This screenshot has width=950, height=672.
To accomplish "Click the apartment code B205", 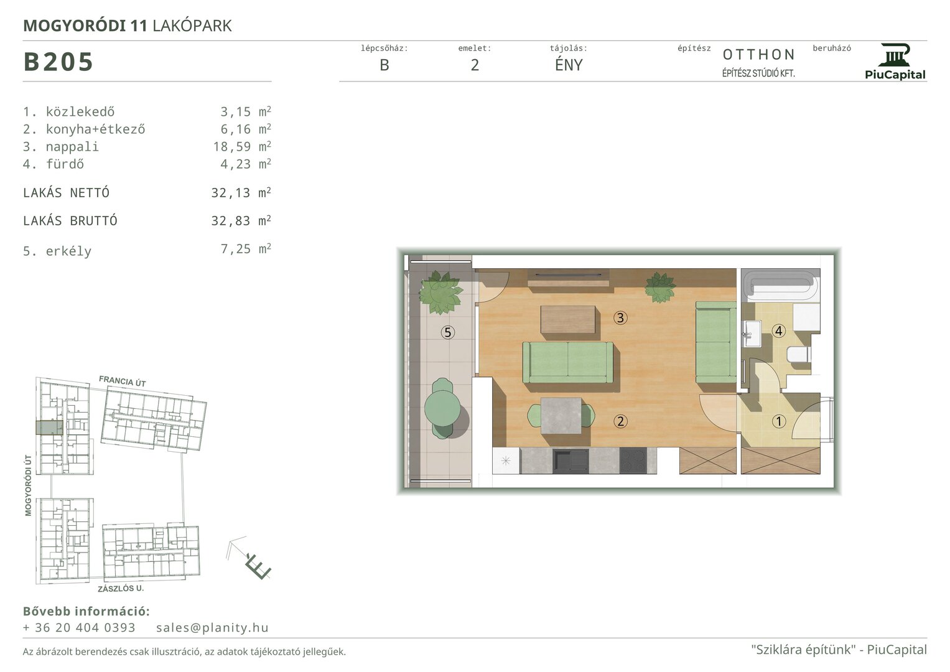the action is coord(58,62).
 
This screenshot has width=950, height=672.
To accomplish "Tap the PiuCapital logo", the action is coord(895,62).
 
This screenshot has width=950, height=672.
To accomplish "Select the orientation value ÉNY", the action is coord(569,65).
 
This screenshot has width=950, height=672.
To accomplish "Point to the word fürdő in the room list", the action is coord(65,164).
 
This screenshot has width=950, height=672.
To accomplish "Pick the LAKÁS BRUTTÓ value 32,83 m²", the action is coord(241,221).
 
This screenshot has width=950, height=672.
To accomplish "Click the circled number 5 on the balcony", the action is coord(448,332).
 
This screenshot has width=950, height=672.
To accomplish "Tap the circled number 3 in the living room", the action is coord(620,318).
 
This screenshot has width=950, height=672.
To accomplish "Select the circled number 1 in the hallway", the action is coord(779,421).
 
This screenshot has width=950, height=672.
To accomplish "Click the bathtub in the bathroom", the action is coord(781,285).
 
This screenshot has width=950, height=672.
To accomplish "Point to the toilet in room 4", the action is coord(798,355).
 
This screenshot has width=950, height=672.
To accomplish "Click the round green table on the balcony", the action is coord(442,408).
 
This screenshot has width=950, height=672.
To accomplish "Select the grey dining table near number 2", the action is coord(561,416).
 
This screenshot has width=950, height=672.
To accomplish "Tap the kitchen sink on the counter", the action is coord(571,461).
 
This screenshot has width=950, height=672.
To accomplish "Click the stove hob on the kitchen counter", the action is coord(633,460).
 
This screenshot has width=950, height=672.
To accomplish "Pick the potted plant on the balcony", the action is coord(440,292).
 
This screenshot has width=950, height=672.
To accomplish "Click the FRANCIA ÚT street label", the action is coord(122,381).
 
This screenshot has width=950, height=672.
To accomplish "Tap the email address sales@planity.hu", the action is coord(212,627).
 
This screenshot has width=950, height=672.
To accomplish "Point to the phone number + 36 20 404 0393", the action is coord(79,627).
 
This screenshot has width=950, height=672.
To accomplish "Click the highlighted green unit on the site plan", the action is coord(49,427).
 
